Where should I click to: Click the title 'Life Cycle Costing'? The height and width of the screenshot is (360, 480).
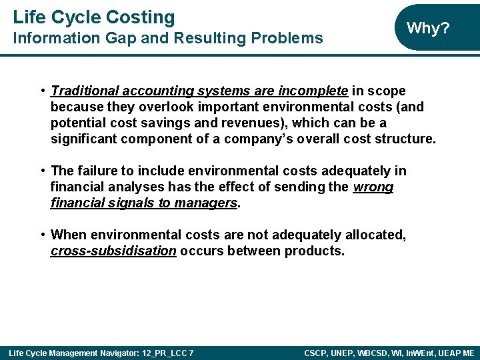(94, 17)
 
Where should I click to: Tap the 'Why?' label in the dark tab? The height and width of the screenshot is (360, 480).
(428, 28)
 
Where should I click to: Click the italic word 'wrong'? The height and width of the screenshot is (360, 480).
(373, 187)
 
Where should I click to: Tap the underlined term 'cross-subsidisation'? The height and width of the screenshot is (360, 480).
(113, 251)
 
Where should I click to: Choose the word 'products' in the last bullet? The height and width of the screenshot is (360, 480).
(314, 251)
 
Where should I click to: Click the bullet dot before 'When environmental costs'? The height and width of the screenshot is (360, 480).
(43, 235)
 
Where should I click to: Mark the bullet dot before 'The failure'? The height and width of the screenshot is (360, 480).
(43, 171)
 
